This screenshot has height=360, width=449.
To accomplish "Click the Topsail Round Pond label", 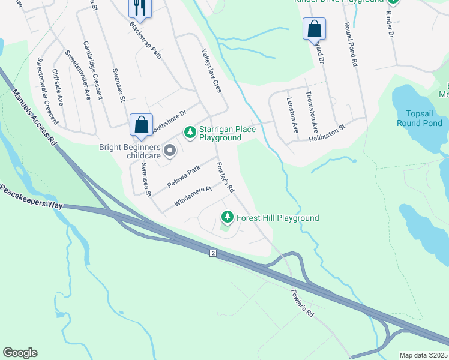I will pos(424,118).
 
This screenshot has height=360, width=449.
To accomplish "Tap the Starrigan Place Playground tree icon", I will pos(190,131).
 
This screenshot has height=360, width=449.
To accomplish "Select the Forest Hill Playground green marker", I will pos(228,217).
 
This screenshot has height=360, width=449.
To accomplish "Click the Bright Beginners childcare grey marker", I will pos(169,151).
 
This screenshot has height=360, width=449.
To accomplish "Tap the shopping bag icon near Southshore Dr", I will pos(141,125).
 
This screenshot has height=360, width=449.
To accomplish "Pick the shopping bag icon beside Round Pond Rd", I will pos(314,28).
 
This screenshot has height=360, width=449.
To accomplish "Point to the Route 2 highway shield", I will pos(212,253).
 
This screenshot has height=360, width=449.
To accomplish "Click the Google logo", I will pos(20,353).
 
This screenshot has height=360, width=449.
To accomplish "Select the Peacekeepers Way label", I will pos(32,196).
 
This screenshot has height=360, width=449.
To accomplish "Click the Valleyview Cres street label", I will pos(212,71).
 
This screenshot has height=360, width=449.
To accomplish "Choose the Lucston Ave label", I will pos(292,115).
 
